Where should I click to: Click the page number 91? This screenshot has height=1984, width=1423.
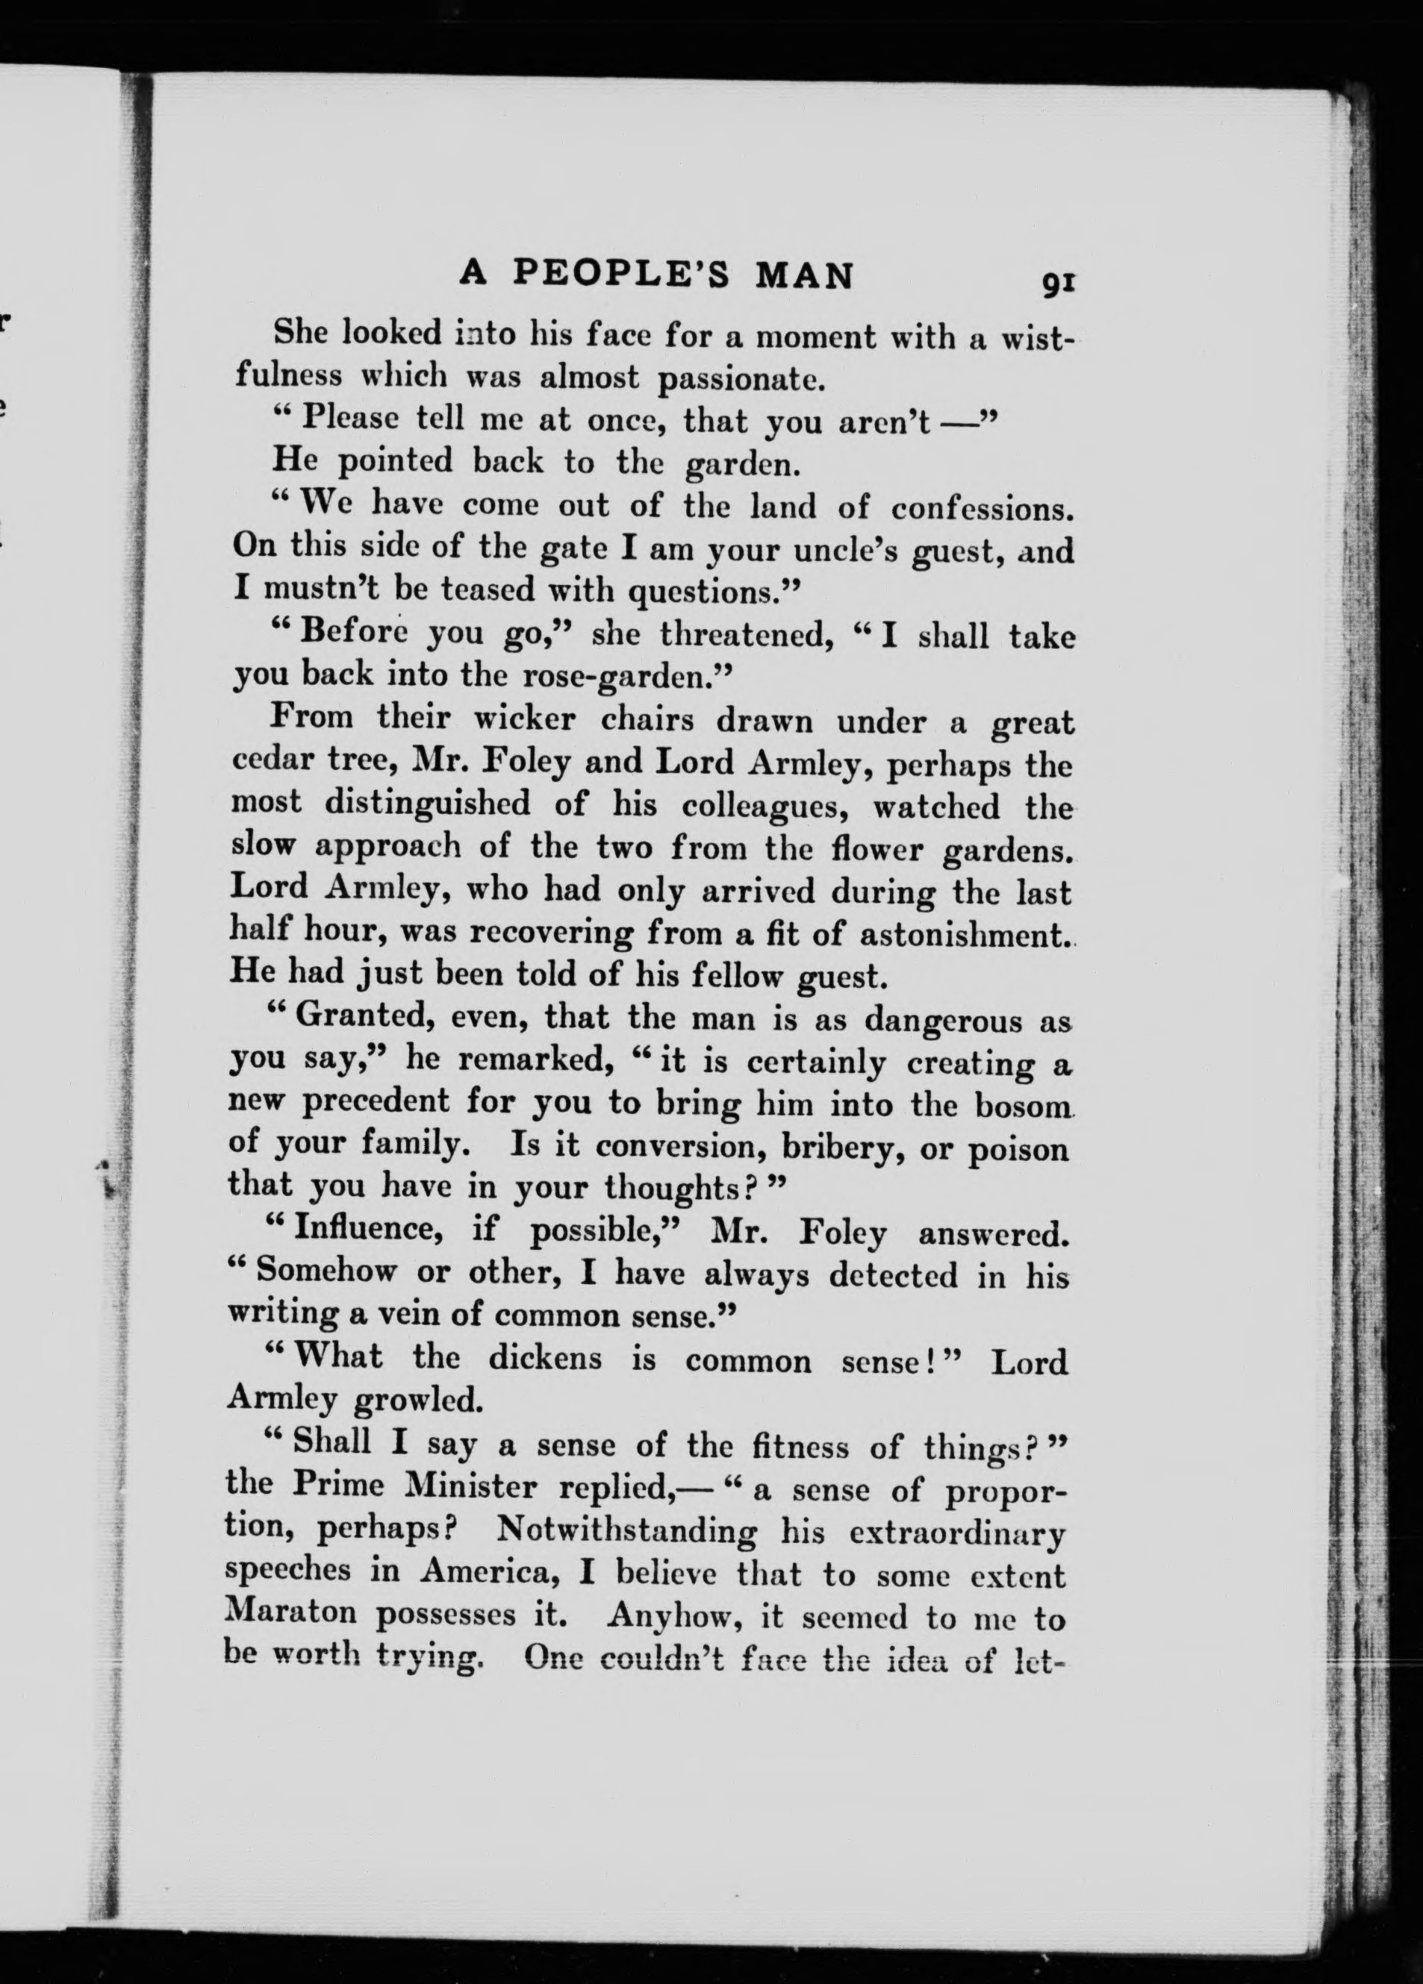coord(1056,282)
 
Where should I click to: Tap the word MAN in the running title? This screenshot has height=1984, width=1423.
coord(803,275)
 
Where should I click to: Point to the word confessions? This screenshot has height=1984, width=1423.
coord(982,507)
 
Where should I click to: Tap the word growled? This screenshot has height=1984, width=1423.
coord(417,1401)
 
